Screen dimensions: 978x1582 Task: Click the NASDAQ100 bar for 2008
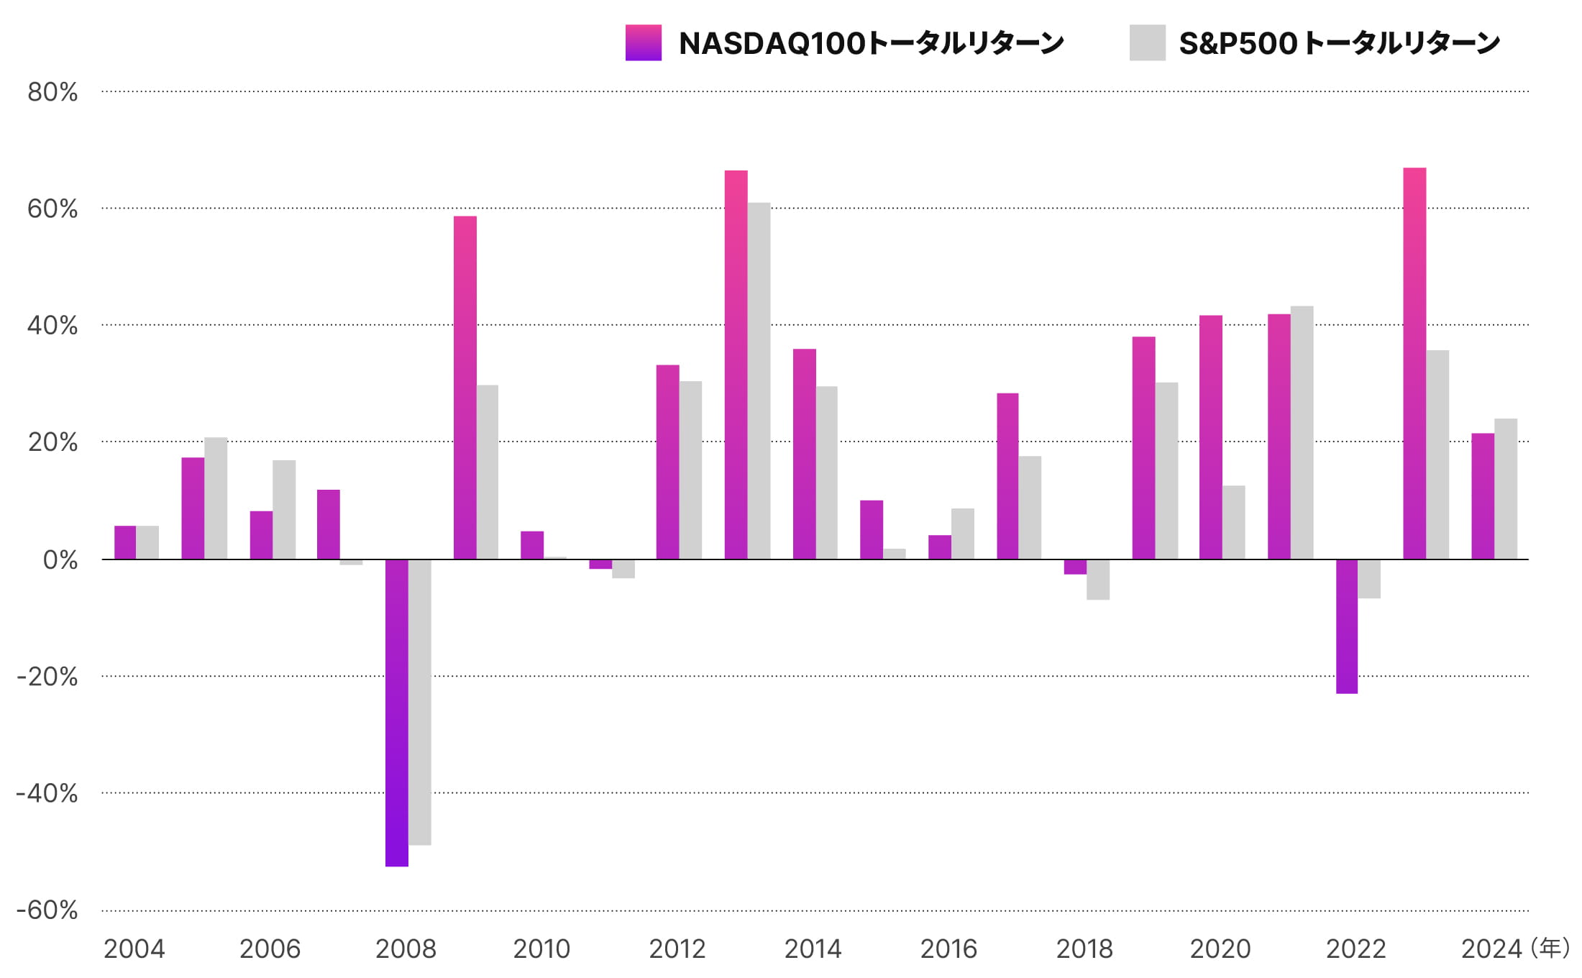tap(396, 712)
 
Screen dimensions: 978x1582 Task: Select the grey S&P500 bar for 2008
tap(419, 702)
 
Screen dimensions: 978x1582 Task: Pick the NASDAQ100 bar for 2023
tap(1414, 363)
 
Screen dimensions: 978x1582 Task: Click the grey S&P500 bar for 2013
tap(759, 380)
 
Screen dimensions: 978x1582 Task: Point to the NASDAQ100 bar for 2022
tap(1346, 626)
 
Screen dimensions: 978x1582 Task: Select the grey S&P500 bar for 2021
tap(1302, 432)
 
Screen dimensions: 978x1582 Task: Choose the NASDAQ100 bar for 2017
tap(1007, 475)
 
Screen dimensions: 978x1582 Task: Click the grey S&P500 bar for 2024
tap(1506, 488)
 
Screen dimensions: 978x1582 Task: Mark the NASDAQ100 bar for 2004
tap(125, 542)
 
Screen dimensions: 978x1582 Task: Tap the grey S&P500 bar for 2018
tap(1097, 579)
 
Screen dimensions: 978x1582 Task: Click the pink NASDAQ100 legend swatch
tap(643, 42)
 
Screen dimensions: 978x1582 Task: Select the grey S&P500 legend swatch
tap(1147, 42)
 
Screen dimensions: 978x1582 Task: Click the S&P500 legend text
tap(1339, 43)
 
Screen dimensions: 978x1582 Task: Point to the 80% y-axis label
tap(52, 92)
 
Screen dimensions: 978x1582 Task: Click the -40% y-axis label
tap(47, 793)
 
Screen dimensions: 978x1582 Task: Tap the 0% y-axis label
tap(60, 559)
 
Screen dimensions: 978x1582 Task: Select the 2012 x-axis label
tap(677, 949)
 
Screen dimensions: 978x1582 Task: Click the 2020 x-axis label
tap(1220, 949)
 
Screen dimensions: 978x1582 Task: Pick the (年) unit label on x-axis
tap(1550, 948)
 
